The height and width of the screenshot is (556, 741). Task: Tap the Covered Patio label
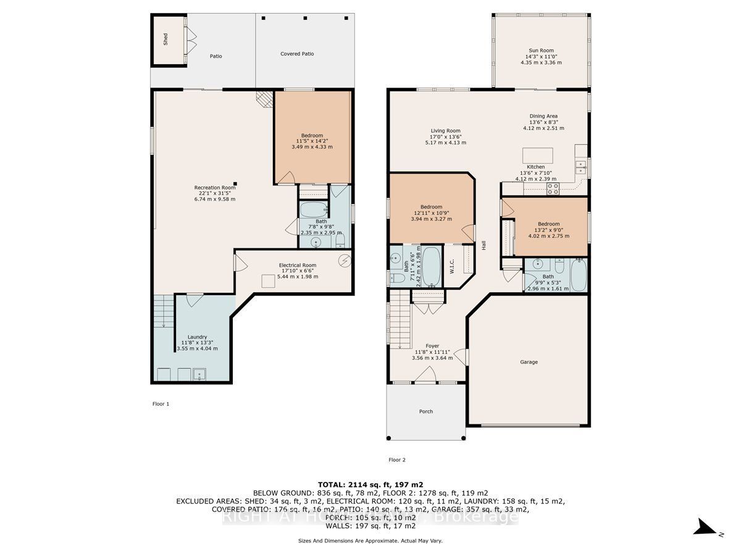[x=297, y=54]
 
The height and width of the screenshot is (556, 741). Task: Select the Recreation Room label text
[x=215, y=187]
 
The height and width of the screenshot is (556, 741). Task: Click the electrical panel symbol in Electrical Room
[x=345, y=261]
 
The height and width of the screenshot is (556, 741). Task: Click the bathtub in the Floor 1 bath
[x=315, y=208]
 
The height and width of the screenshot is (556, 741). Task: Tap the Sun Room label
[x=541, y=51]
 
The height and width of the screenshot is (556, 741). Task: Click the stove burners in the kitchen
[x=552, y=190]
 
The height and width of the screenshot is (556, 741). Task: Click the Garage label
[x=529, y=362]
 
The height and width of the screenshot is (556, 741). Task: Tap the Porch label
[x=425, y=411]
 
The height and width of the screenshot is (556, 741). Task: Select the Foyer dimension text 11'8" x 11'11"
[x=432, y=352]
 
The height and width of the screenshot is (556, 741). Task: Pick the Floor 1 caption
[x=161, y=404]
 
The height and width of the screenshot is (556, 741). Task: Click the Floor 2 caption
[x=396, y=460]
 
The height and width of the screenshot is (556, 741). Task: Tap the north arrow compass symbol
[x=705, y=527]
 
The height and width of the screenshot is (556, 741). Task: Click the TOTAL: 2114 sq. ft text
[x=370, y=484]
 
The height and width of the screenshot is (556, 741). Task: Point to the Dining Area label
[x=543, y=116]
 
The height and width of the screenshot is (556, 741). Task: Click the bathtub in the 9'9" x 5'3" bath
[x=579, y=276]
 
